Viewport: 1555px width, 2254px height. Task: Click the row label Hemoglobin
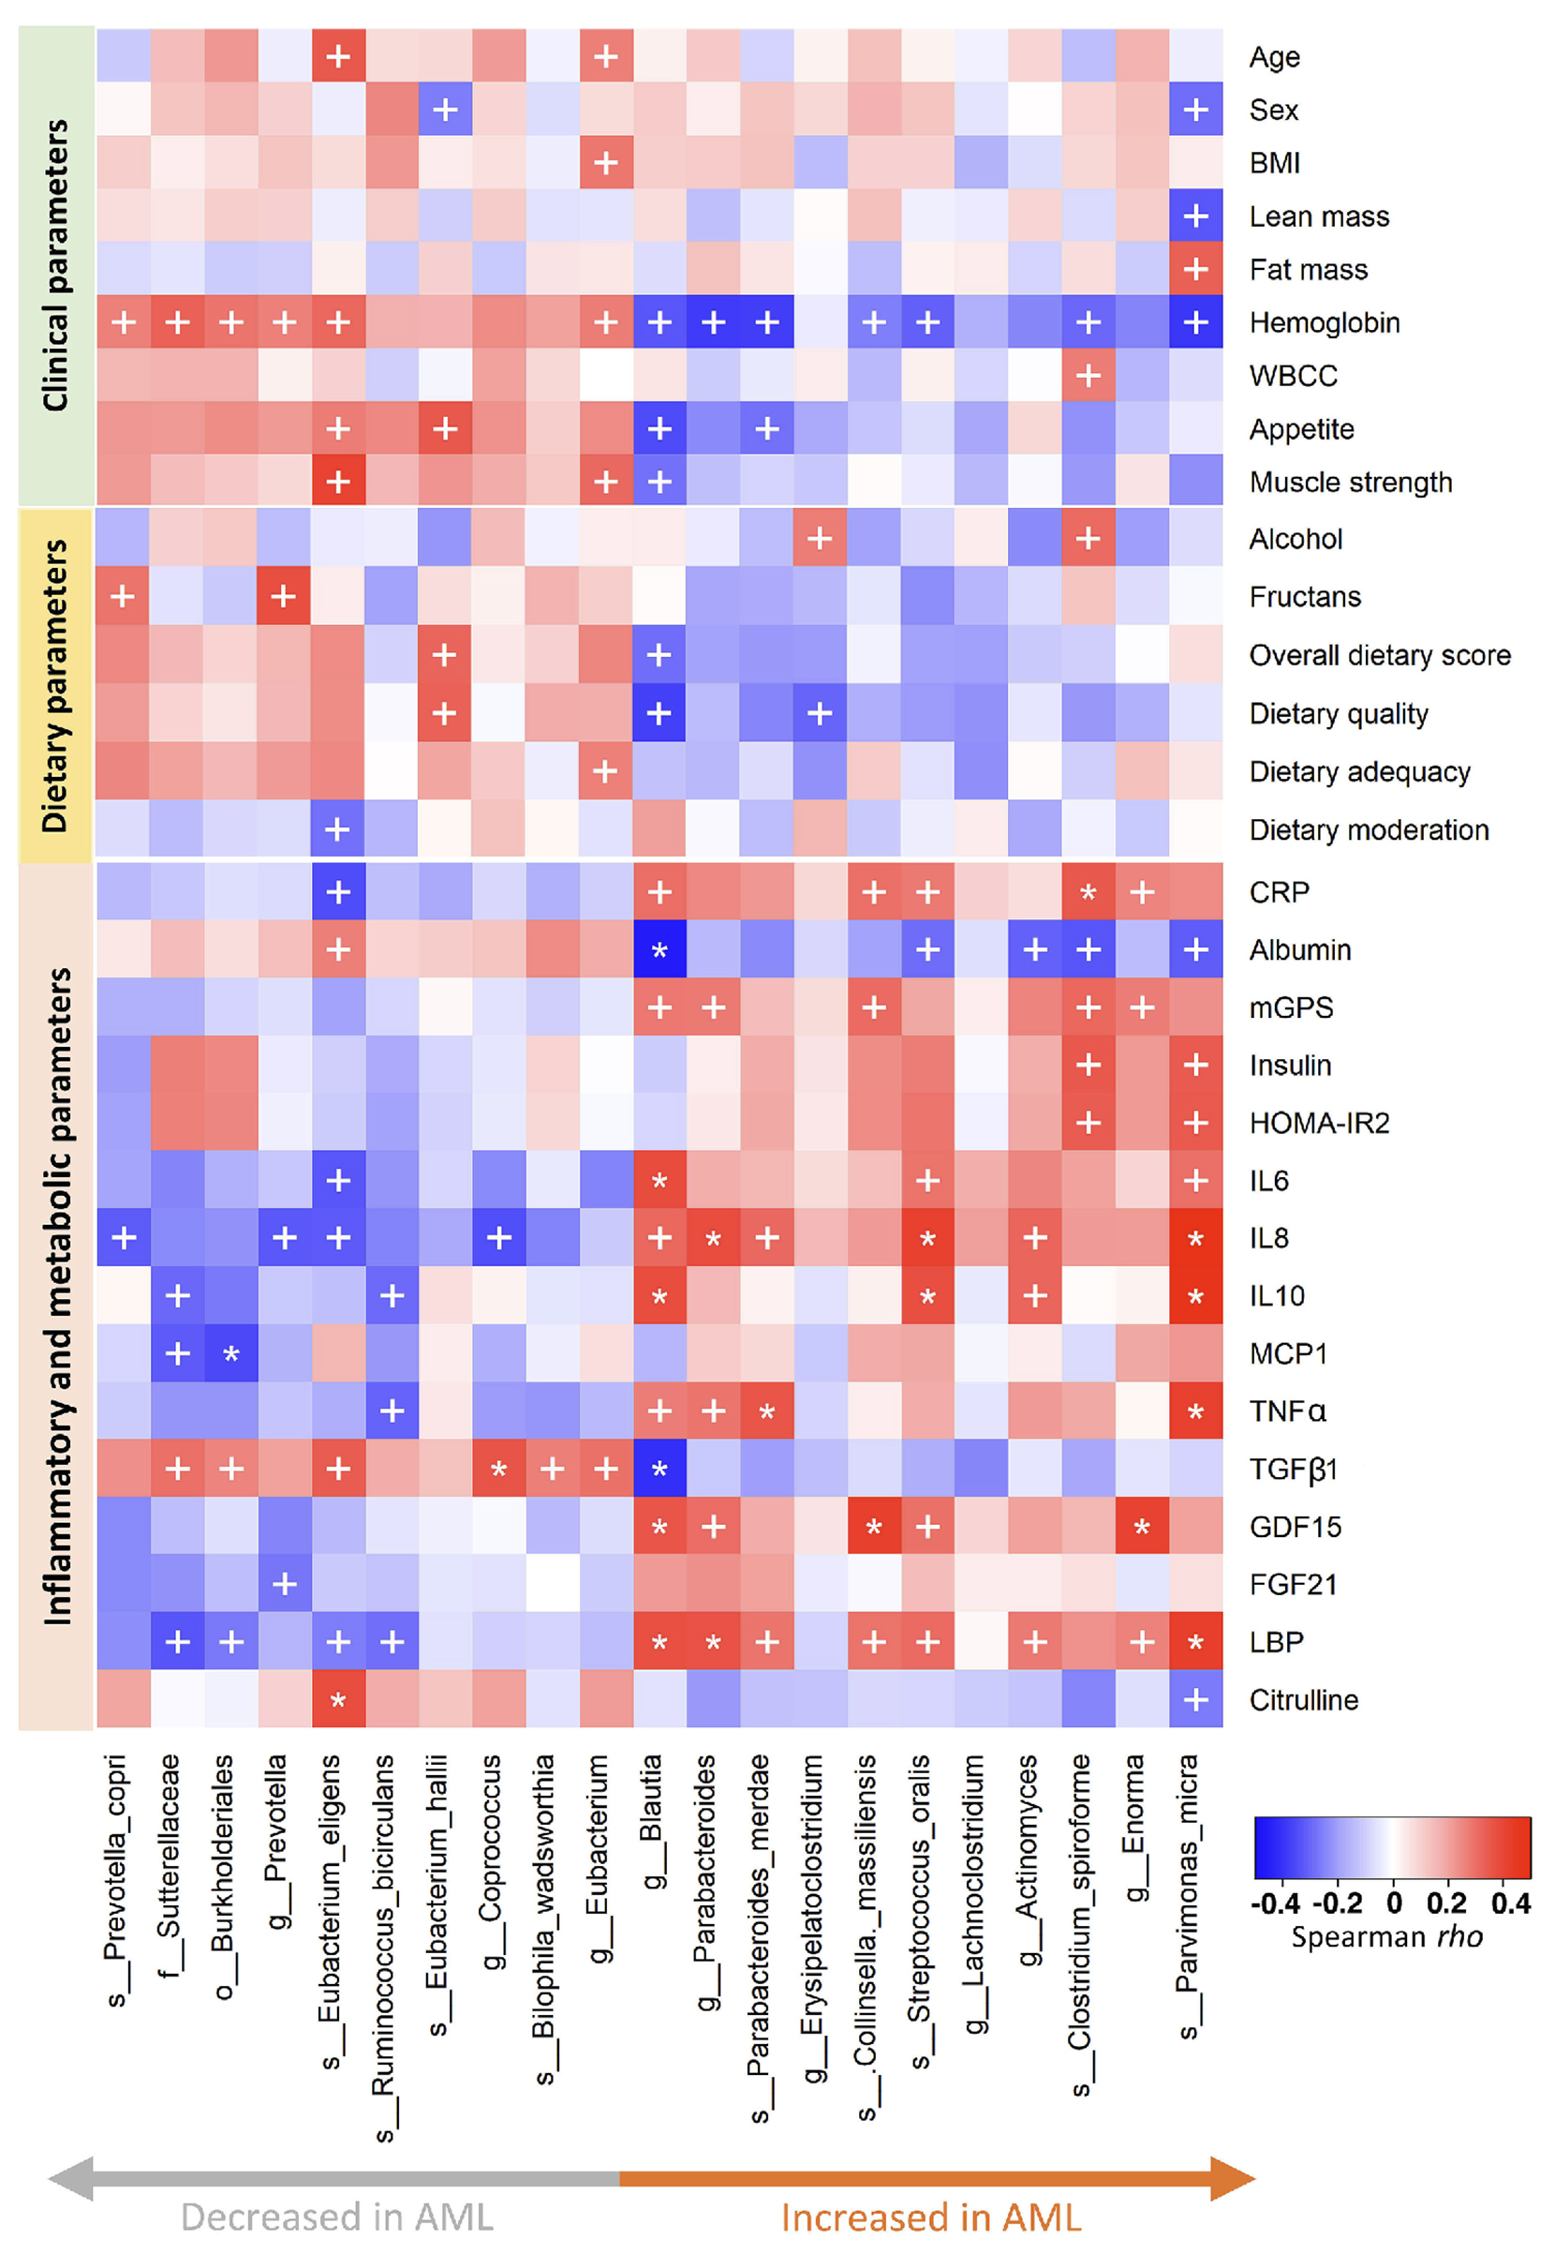point(1324,322)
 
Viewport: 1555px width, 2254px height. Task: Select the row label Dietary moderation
point(1369,829)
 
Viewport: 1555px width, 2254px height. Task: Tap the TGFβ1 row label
point(1294,1469)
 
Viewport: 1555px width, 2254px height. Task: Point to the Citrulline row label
point(1304,1699)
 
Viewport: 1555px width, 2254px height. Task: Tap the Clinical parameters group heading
point(55,265)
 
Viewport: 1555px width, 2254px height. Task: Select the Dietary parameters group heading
point(55,685)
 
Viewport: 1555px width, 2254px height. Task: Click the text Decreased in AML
point(337,2217)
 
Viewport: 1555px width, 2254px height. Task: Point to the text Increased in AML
point(930,2217)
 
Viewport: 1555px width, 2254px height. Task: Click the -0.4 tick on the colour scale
point(1274,1903)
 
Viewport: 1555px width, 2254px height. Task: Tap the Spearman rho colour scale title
point(1386,1935)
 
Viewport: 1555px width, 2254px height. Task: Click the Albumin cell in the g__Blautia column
point(659,949)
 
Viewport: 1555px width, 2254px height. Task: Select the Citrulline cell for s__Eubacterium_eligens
point(338,1699)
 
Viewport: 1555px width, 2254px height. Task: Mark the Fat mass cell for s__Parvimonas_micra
point(1195,269)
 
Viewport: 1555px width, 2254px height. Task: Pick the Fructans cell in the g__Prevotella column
point(284,595)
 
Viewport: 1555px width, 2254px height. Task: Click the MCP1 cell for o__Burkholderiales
point(231,1353)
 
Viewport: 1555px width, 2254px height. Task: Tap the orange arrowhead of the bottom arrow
point(1232,2178)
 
